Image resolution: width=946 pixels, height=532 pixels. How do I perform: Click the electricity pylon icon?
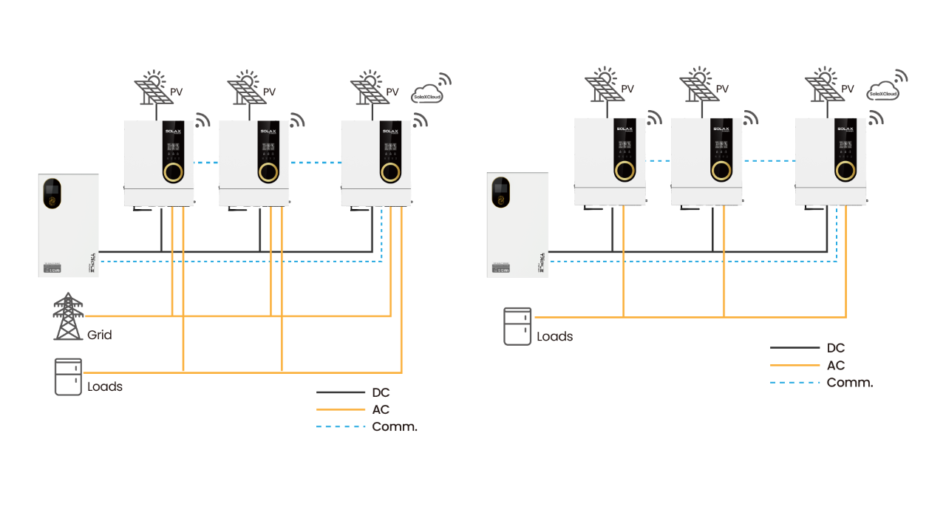[68, 316]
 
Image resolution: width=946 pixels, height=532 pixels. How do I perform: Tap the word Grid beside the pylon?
[100, 335]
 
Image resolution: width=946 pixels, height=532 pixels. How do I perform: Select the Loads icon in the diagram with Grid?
[68, 377]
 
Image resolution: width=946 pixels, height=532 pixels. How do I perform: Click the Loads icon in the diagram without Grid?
[517, 326]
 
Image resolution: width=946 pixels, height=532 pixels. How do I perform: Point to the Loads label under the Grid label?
[105, 387]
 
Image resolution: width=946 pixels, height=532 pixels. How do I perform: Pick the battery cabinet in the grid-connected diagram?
[69, 225]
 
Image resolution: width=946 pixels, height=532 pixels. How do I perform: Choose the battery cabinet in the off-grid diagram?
[517, 224]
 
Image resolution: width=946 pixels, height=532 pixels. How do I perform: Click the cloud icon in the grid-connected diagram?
[427, 92]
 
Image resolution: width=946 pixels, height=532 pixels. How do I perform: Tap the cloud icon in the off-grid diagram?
[882, 90]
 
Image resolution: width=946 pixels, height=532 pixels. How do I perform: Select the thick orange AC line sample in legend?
[341, 409]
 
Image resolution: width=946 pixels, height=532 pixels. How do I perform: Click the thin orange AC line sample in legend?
[795, 365]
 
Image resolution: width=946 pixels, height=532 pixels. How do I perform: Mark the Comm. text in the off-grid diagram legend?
[850, 383]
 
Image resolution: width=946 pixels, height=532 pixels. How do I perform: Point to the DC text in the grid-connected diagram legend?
[381, 392]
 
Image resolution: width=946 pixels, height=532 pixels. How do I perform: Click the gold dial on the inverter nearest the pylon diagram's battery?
[173, 172]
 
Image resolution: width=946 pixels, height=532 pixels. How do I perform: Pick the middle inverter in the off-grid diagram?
[707, 161]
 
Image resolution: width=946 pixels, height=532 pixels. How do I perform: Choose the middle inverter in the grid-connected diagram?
[254, 163]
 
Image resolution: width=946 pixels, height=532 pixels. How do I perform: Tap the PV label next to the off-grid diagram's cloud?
[848, 89]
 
